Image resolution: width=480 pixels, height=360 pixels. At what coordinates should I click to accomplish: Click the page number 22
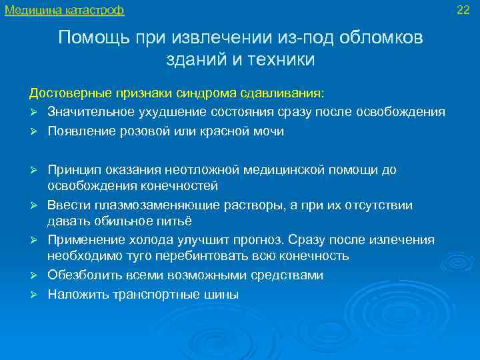tap(463, 9)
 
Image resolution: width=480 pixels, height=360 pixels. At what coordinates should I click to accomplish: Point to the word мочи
tap(269, 131)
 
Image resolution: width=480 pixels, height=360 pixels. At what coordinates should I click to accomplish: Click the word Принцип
tap(71, 170)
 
